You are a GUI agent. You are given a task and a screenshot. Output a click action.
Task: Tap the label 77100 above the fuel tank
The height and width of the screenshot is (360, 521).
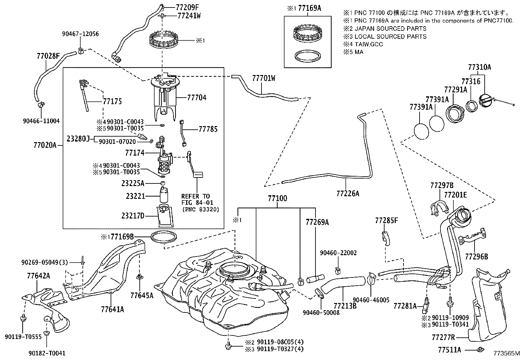[277, 199]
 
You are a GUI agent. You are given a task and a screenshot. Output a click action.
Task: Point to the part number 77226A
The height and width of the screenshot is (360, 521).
[348, 194]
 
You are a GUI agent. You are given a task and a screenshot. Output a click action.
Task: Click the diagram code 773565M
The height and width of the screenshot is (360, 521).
[507, 353]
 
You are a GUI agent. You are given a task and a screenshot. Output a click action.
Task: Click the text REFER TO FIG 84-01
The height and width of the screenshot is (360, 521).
[196, 199]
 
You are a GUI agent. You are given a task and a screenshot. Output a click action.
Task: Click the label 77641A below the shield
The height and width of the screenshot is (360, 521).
[112, 309]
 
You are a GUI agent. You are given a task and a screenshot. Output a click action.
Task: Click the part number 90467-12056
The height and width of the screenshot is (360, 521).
[81, 34]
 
